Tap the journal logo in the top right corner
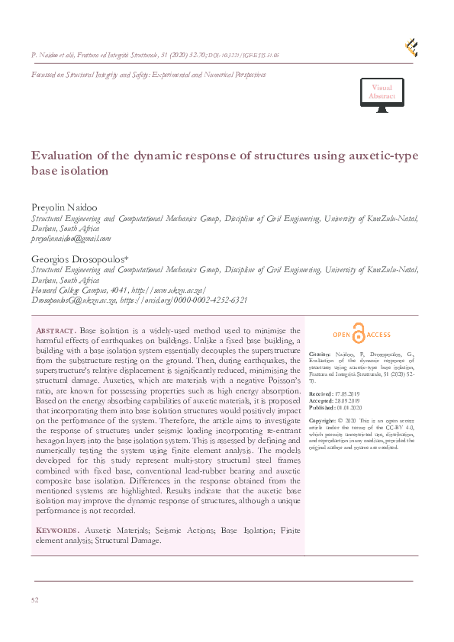pyautogui.click(x=411, y=47)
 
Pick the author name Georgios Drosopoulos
pyautogui.click(x=73, y=259)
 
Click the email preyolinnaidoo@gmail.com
pyautogui.click(x=71, y=238)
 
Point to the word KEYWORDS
pyautogui.click(x=56, y=529)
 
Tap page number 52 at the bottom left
pyautogui.click(x=35, y=601)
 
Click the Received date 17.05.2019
pyautogui.click(x=346, y=393)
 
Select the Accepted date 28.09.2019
pyautogui.click(x=347, y=401)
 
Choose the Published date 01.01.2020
pyautogui.click(x=349, y=408)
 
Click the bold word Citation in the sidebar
pyautogui.click(x=320, y=355)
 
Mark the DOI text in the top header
pyautogui.click(x=243, y=56)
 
